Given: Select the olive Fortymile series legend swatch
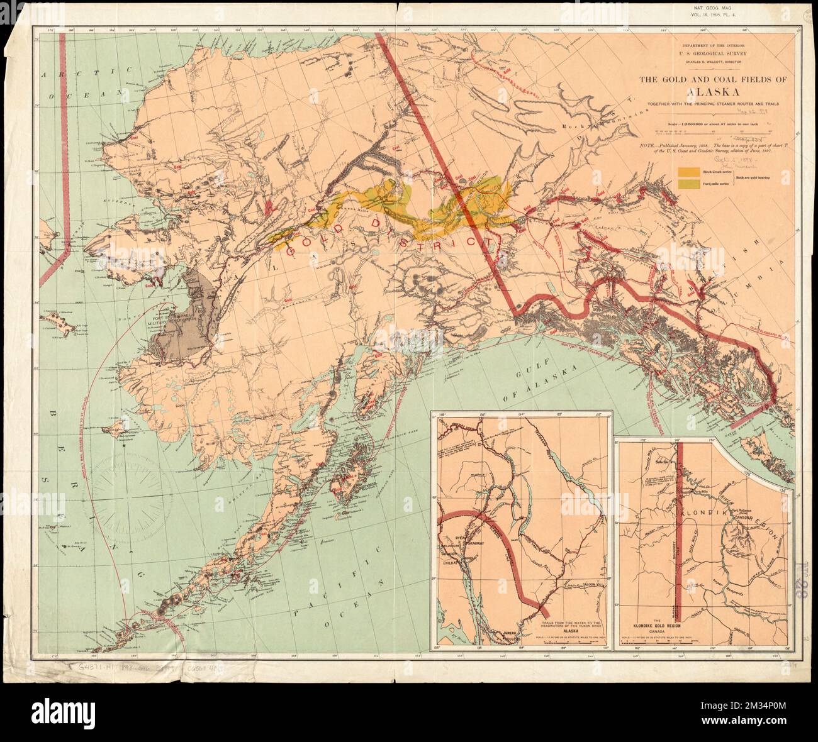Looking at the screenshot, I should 688,183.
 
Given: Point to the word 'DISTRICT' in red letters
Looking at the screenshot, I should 440,236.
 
